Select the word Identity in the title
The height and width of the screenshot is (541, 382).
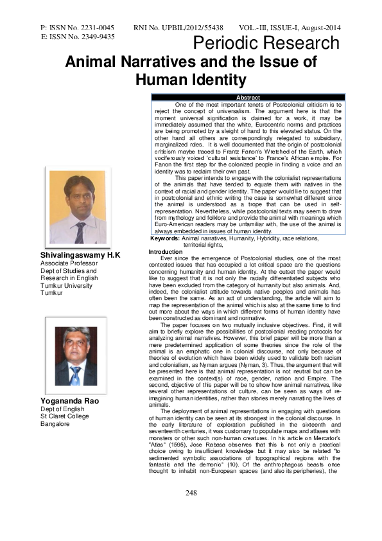(x=215, y=80)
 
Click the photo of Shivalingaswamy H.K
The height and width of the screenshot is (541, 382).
(x=77, y=206)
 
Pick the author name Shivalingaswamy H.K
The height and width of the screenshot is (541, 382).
(x=80, y=256)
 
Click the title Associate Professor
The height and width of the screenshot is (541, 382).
(x=70, y=264)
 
